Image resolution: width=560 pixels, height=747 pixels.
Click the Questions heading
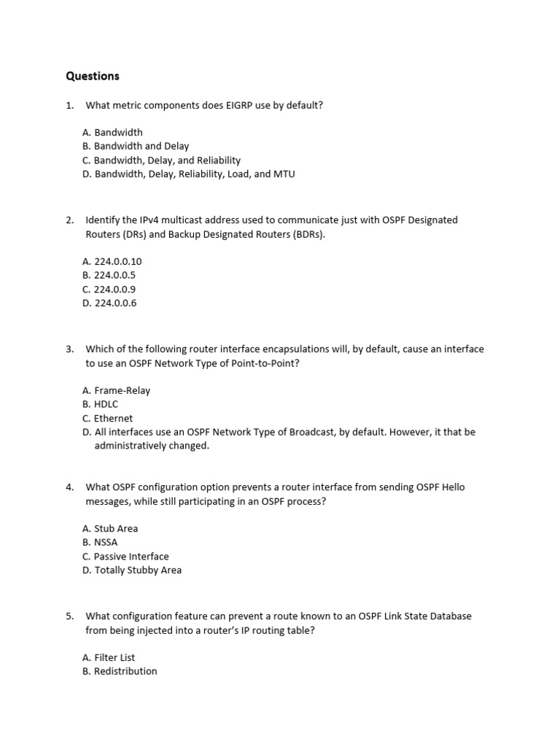point(92,76)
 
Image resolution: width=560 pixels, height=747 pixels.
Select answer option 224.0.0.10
point(112,261)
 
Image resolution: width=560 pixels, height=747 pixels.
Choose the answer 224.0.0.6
point(109,303)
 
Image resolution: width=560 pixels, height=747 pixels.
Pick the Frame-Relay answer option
point(116,390)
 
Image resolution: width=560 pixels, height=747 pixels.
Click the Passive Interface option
point(125,556)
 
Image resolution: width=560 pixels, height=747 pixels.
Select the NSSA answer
point(100,542)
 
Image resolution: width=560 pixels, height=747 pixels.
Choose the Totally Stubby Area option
point(132,570)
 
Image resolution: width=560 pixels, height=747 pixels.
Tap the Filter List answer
point(109,657)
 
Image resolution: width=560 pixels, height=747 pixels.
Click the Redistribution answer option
point(120,671)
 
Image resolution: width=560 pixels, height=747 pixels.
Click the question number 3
point(69,349)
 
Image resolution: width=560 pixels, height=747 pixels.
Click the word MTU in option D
point(284,174)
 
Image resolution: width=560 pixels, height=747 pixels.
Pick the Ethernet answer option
point(108,418)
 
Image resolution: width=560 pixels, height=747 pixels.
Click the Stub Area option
point(110,528)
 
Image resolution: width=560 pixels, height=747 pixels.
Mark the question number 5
point(69,616)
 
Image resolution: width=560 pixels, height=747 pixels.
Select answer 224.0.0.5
point(109,275)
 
